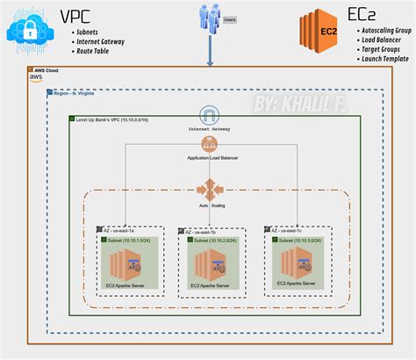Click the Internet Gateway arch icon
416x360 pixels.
209,116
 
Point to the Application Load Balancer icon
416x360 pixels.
209,145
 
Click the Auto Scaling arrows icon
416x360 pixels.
209,189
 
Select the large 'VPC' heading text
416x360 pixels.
77,16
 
